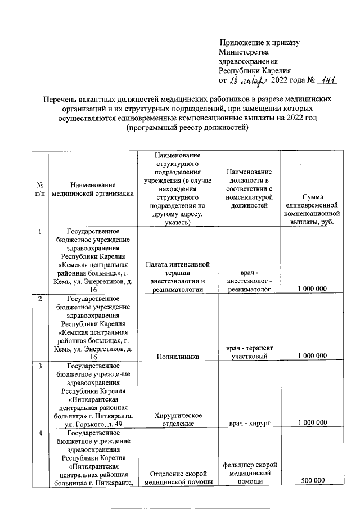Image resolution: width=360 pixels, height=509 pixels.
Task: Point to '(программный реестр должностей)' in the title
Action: point(188,128)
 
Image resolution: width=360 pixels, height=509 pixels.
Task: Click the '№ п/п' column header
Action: point(40,188)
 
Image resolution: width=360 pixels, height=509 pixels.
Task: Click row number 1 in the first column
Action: point(40,231)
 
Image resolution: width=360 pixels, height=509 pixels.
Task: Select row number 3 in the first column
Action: point(40,367)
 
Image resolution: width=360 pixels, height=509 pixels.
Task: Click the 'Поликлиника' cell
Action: point(177,355)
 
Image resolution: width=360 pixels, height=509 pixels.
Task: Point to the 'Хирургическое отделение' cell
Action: point(177,419)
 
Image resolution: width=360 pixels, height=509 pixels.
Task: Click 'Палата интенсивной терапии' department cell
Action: point(177,276)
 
